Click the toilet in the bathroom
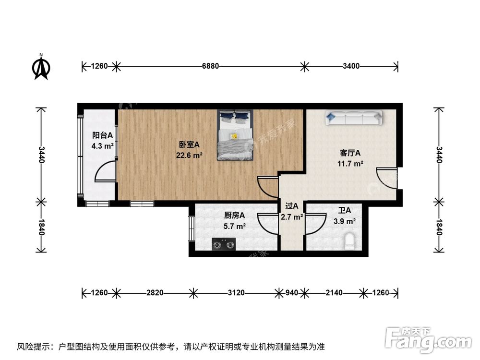[349, 241]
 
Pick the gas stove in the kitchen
[224, 245]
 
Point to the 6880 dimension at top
[210, 66]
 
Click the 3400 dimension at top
[351, 66]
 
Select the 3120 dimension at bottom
[235, 292]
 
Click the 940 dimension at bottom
[292, 292]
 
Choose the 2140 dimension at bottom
[334, 292]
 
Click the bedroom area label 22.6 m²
[189, 155]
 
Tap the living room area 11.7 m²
[350, 163]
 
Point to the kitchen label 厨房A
[235, 215]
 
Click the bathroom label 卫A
[344, 210]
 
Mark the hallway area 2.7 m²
[292, 216]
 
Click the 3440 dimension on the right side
[438, 155]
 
